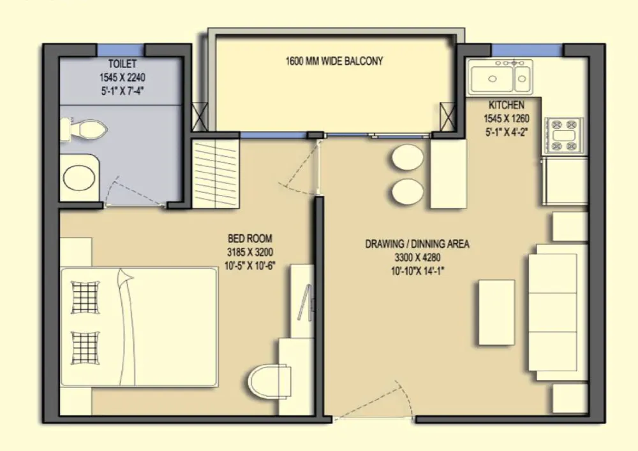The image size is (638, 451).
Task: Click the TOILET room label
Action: (122, 64)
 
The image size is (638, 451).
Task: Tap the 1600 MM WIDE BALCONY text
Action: (334, 61)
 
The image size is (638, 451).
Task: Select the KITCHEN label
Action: (506, 105)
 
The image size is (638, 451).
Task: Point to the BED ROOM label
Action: (250, 238)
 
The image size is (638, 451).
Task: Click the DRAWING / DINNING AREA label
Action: (417, 244)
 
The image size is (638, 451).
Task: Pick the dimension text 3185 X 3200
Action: (250, 252)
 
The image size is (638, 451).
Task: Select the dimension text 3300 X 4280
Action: (417, 257)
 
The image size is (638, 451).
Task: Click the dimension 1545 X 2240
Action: (122, 77)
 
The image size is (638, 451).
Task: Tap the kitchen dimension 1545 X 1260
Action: (506, 118)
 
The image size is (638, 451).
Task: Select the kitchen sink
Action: (500, 77)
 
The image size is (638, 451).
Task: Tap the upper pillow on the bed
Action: (85, 297)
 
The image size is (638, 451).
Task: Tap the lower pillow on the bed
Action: (85, 348)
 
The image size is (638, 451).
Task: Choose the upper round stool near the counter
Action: (408, 157)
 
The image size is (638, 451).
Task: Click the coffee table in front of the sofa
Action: (496, 312)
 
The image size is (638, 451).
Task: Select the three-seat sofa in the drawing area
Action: (558, 312)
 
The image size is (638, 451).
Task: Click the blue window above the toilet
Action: (121, 50)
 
